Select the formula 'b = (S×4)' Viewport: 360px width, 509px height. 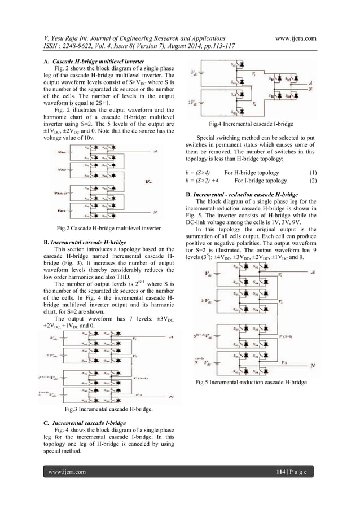(x=197, y=172)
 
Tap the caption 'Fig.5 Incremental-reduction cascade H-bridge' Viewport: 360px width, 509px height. (x=252, y=383)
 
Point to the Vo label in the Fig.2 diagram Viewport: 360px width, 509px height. (x=148, y=182)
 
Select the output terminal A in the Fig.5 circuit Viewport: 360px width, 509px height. (x=313, y=271)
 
